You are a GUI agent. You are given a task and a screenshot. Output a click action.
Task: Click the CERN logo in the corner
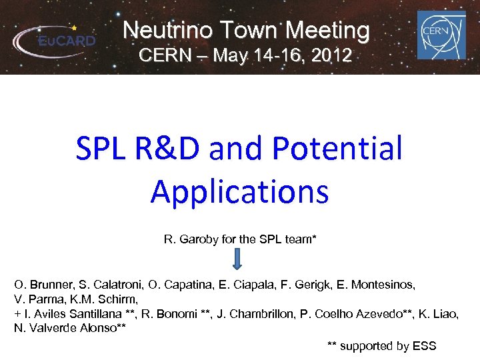441,34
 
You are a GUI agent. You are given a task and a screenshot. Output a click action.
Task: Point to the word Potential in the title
339,148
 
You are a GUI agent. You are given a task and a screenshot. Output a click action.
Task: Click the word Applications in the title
240,191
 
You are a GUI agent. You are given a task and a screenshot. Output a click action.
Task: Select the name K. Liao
439,314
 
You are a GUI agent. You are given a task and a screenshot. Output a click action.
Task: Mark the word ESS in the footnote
425,345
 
